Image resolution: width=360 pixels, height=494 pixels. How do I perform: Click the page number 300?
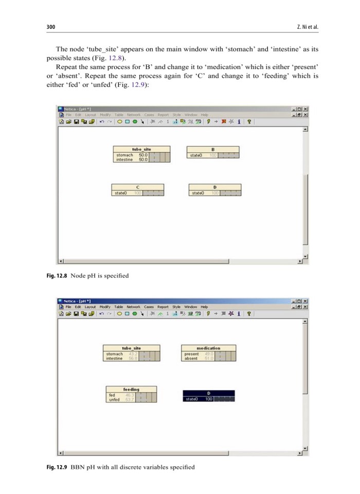(50, 27)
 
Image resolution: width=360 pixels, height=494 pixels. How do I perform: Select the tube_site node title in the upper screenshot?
(141, 149)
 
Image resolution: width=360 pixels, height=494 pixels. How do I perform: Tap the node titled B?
(213, 149)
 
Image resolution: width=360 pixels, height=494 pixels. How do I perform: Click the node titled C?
(137, 187)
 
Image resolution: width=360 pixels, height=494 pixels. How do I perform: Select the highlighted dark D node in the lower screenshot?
(208, 394)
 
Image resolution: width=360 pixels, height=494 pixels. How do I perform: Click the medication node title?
(208, 348)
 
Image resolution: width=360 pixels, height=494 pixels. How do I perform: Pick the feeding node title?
(131, 390)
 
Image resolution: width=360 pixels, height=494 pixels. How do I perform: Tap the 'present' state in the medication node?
(191, 354)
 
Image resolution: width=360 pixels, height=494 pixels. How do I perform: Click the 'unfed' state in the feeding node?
(114, 399)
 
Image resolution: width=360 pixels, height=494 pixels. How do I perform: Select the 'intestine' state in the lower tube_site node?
(115, 359)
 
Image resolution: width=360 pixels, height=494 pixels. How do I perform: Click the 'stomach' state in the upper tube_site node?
(124, 155)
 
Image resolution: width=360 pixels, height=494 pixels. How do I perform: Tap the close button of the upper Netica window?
(305, 109)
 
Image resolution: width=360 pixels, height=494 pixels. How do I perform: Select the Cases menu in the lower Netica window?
(149, 307)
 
